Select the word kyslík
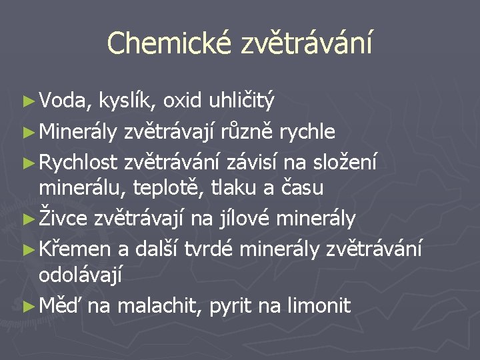pyautogui.click(x=127, y=102)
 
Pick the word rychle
pyautogui.click(x=307, y=131)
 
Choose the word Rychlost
pyautogui.click(x=78, y=161)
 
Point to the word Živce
pyautogui.click(x=67, y=218)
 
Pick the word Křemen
pyautogui.click(x=75, y=247)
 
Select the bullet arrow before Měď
pyautogui.click(x=27, y=306)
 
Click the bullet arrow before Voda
pyautogui.click(x=27, y=102)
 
